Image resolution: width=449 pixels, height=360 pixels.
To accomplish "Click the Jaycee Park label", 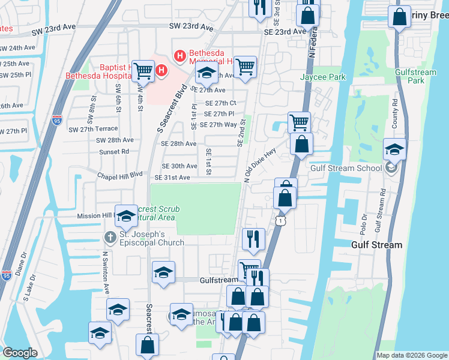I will coord(323,77).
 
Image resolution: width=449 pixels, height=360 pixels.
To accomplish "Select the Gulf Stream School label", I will coord(346,168).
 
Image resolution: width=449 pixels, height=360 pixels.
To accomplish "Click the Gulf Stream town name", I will coord(376,245).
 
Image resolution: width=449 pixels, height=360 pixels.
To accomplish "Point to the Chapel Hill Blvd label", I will coord(120,175).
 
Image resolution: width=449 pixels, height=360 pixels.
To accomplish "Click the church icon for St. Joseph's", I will coord(110,238).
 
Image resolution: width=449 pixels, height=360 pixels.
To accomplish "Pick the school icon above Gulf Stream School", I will coord(394,149).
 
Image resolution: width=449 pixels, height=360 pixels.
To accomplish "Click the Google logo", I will coord(20,353).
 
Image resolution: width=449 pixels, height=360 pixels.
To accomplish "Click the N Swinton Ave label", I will coord(105,273).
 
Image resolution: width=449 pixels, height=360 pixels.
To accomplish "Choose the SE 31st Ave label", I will coord(172,178).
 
